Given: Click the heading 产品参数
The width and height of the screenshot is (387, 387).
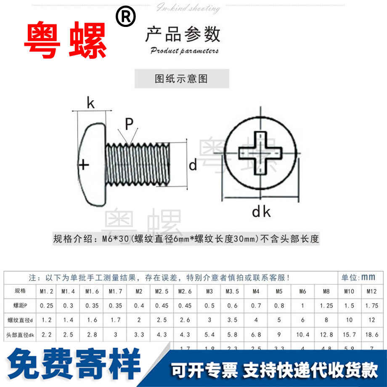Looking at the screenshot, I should tap(183, 34).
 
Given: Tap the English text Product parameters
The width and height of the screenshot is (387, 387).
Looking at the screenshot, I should tap(184, 51).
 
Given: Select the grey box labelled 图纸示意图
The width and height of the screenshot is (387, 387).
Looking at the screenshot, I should tap(182, 79).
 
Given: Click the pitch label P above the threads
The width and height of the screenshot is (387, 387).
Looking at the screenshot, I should tap(129, 123).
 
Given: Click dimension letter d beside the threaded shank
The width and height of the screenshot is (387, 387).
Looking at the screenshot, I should tap(193, 165).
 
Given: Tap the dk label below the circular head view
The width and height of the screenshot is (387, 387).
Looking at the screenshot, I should tap(261, 212).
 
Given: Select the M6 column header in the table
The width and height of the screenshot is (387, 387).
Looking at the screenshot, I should tap(302, 291).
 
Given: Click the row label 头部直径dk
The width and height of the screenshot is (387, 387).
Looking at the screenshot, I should tap(20, 335).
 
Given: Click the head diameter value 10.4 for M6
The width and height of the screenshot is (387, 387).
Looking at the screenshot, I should tap(302, 335).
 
